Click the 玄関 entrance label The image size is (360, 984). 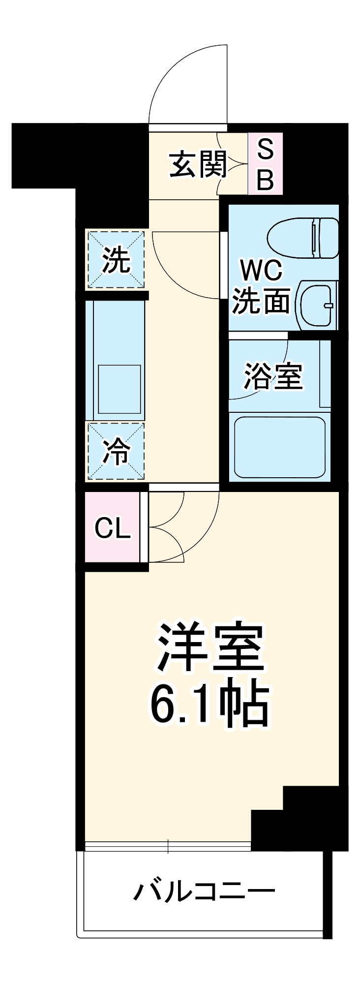pos(198,164)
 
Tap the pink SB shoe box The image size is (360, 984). pos(265,164)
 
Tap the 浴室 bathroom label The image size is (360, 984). pos(273,376)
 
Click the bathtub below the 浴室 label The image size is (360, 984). pos(279,447)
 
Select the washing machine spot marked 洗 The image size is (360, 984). pos(116,260)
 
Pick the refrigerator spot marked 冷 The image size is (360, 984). pos(116,451)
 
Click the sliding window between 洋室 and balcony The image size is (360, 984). pos(168,846)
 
